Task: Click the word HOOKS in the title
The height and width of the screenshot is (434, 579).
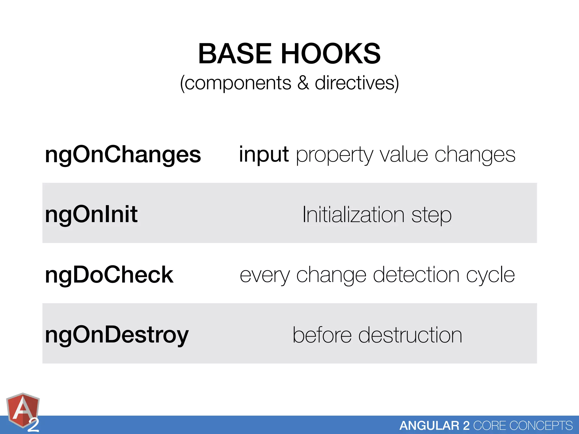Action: click(x=331, y=54)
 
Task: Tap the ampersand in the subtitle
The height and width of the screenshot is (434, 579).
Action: click(x=303, y=83)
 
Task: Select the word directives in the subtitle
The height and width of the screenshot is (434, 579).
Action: click(x=357, y=83)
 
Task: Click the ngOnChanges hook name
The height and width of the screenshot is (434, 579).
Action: click(x=123, y=155)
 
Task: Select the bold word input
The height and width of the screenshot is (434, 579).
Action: click(x=264, y=155)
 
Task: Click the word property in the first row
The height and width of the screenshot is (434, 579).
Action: click(x=334, y=155)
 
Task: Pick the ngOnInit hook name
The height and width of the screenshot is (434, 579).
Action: click(x=91, y=214)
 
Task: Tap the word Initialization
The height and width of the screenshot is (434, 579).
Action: click(x=353, y=215)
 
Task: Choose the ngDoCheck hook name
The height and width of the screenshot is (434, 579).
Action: click(x=109, y=275)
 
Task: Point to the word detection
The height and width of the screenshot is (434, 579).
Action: click(x=416, y=275)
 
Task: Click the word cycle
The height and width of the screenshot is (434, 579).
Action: click(x=491, y=275)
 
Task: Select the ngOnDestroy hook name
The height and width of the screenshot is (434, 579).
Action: click(x=117, y=335)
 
